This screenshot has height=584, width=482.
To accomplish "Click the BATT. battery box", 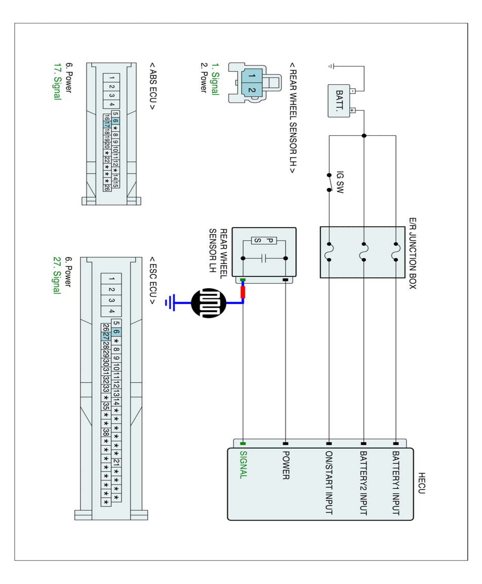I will [339, 101].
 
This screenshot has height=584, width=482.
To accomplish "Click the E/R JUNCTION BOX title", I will [413, 253].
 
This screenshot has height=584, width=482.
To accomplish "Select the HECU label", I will [421, 483].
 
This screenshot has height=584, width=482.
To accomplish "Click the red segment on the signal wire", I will [243, 292].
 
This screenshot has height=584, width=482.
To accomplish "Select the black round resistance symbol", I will [209, 303].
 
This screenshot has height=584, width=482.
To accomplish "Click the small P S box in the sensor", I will [264, 240].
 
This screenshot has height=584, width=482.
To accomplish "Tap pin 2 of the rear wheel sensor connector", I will [252, 90].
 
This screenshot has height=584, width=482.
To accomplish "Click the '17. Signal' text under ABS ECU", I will [57, 81].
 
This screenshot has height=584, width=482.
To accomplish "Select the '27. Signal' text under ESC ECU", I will [57, 275].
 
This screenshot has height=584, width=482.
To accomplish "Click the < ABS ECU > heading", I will [153, 86].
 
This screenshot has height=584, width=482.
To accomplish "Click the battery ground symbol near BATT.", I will [331, 66].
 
